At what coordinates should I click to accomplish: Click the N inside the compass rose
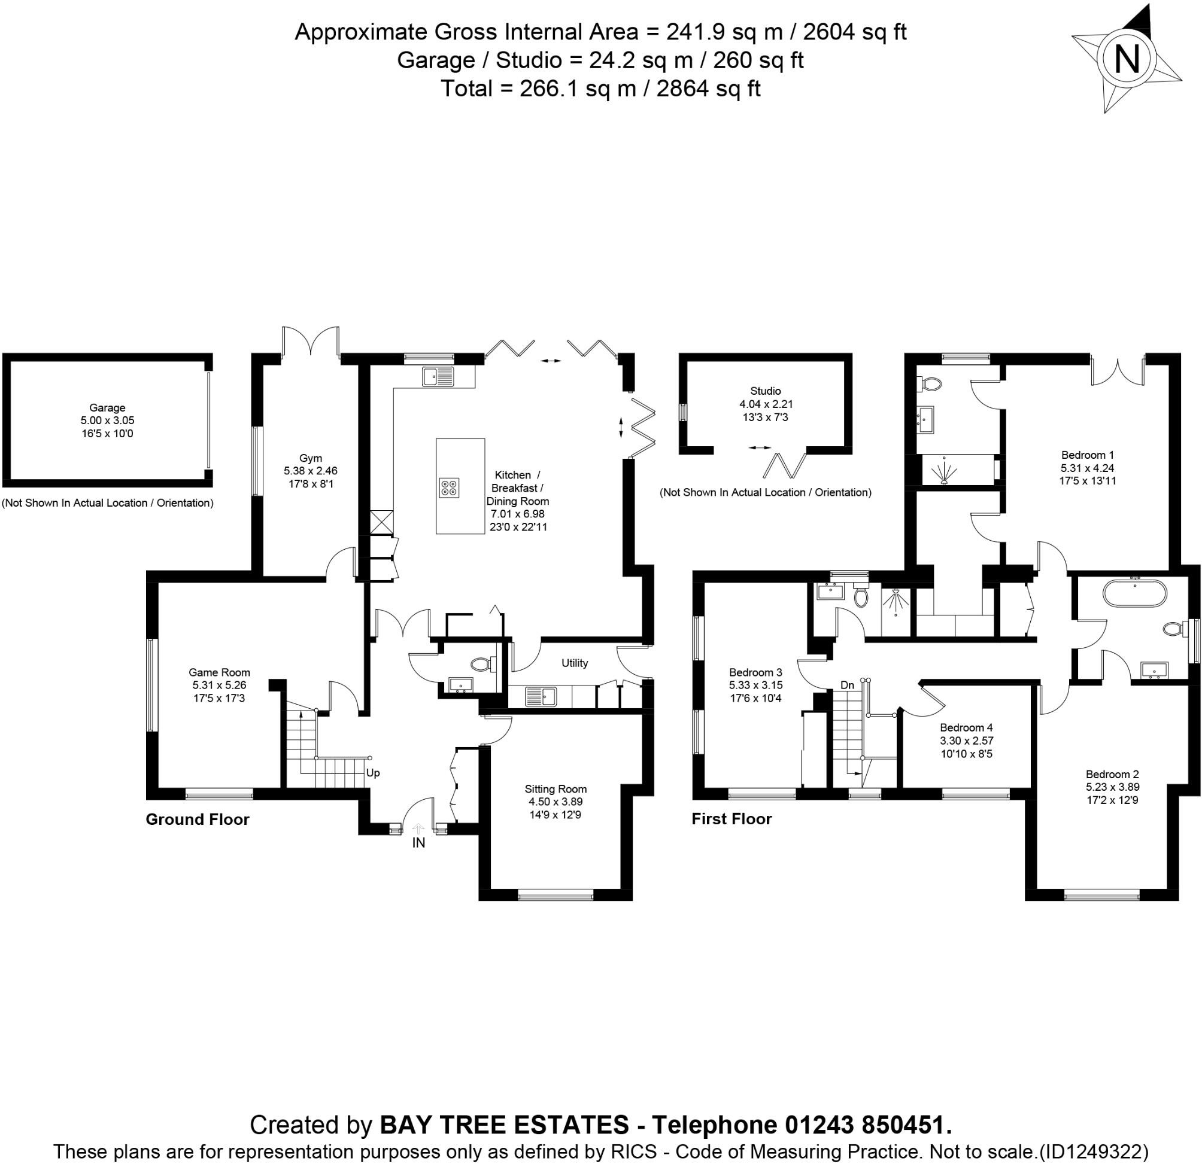click(1126, 60)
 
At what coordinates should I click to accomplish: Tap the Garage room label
click(107, 407)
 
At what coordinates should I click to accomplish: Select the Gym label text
click(310, 458)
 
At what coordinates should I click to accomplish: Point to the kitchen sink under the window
click(437, 376)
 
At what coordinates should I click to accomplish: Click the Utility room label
click(575, 663)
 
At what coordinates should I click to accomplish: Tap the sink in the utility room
click(541, 696)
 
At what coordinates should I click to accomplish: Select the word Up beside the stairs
click(373, 773)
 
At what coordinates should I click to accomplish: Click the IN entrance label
click(418, 843)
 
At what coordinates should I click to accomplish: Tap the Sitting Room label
click(556, 789)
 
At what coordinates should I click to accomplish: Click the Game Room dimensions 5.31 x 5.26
click(219, 685)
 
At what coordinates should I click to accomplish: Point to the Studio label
click(766, 391)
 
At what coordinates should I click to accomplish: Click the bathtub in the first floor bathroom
click(1134, 593)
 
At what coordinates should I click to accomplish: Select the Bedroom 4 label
click(967, 727)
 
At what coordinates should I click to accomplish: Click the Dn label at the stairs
click(847, 685)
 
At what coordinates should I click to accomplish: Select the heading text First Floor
click(731, 819)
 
